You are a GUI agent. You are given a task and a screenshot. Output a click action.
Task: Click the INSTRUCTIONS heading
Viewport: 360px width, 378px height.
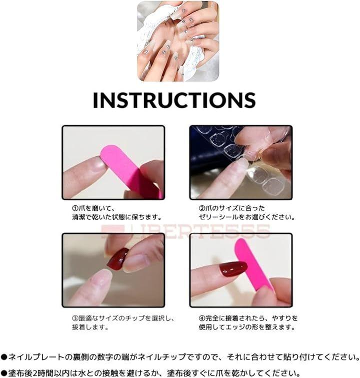coord(174,100)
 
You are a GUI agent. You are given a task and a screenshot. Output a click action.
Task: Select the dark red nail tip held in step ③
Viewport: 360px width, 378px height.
coord(117,258)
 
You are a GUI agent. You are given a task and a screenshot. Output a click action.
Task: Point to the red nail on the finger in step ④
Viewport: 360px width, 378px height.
coord(233,269)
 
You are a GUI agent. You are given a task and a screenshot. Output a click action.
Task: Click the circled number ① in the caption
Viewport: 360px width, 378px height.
coord(75,208)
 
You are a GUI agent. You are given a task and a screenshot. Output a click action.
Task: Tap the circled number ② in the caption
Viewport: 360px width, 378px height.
coord(202,208)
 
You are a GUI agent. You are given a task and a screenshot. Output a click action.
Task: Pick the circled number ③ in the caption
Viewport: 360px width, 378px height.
coord(75,318)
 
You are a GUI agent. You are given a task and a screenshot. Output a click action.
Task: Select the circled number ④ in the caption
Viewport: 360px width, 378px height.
coord(202,318)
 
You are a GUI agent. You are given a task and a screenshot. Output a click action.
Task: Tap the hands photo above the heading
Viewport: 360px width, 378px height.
coord(178,41)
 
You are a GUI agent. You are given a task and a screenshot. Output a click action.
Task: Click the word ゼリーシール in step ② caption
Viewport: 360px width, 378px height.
coord(218,217)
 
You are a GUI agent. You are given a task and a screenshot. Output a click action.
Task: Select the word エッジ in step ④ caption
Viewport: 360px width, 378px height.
coord(246,327)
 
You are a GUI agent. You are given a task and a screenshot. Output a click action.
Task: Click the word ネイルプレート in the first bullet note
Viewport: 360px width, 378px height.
coord(36,357)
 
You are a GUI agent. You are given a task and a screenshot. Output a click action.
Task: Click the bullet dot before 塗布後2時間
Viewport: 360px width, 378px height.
coord(4,373)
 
